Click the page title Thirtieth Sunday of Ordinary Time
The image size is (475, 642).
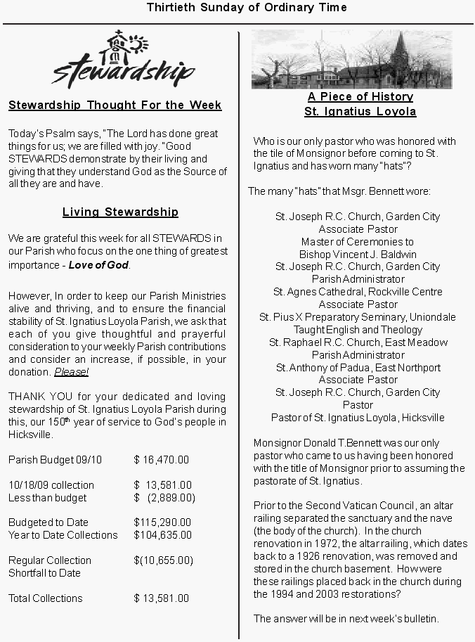(x=247, y=8)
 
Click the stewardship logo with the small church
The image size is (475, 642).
(x=123, y=58)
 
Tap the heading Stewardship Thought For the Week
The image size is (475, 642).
(x=115, y=105)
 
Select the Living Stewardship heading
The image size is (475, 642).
(x=120, y=212)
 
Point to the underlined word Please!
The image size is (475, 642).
(x=71, y=372)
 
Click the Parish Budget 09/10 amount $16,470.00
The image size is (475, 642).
(x=162, y=460)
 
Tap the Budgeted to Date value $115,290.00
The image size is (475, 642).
(x=162, y=522)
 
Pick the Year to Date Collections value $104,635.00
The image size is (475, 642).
(x=162, y=535)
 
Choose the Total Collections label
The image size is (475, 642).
(x=46, y=598)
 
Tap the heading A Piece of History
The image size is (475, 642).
(x=360, y=96)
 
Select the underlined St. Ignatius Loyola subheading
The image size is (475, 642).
(x=360, y=111)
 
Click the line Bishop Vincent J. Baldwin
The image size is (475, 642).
(x=358, y=254)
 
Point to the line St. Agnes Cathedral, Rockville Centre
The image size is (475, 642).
(x=358, y=292)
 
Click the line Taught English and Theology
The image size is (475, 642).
(x=358, y=330)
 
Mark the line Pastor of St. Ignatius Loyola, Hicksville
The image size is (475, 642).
(x=358, y=418)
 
